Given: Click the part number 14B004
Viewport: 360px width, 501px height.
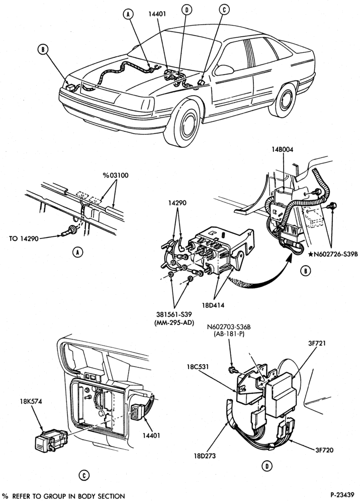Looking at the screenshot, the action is (283, 149).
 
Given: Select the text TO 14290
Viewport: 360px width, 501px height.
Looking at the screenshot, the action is (24, 238).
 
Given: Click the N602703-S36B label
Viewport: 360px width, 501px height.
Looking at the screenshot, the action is (228, 328).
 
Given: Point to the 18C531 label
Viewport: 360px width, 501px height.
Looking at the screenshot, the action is (198, 367).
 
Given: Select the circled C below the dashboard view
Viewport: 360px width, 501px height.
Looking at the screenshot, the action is (83, 475).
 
